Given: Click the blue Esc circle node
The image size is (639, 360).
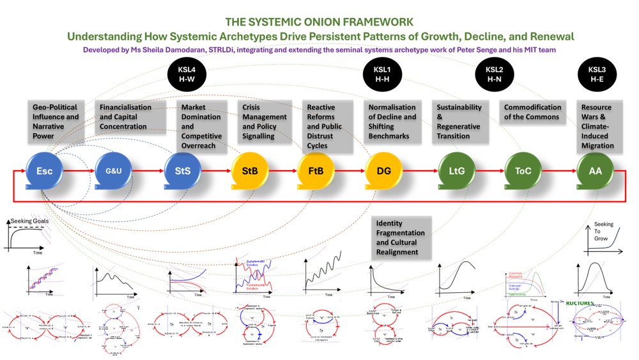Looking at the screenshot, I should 44,171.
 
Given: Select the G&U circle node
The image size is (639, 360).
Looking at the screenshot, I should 112,171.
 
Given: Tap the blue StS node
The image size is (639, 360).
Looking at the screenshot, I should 183,171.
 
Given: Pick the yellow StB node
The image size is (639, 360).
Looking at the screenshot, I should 249,171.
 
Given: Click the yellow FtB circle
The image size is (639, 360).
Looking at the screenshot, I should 315,171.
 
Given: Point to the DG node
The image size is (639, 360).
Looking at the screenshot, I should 384,171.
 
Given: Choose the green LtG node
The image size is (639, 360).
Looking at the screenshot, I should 457,171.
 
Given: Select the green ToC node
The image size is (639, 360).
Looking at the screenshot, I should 523,171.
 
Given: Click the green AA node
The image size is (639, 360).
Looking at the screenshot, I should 595,171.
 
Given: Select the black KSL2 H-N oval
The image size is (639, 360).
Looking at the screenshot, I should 495,74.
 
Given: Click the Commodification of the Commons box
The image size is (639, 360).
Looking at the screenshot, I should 533,112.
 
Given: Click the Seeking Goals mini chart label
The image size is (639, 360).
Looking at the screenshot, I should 29,221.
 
